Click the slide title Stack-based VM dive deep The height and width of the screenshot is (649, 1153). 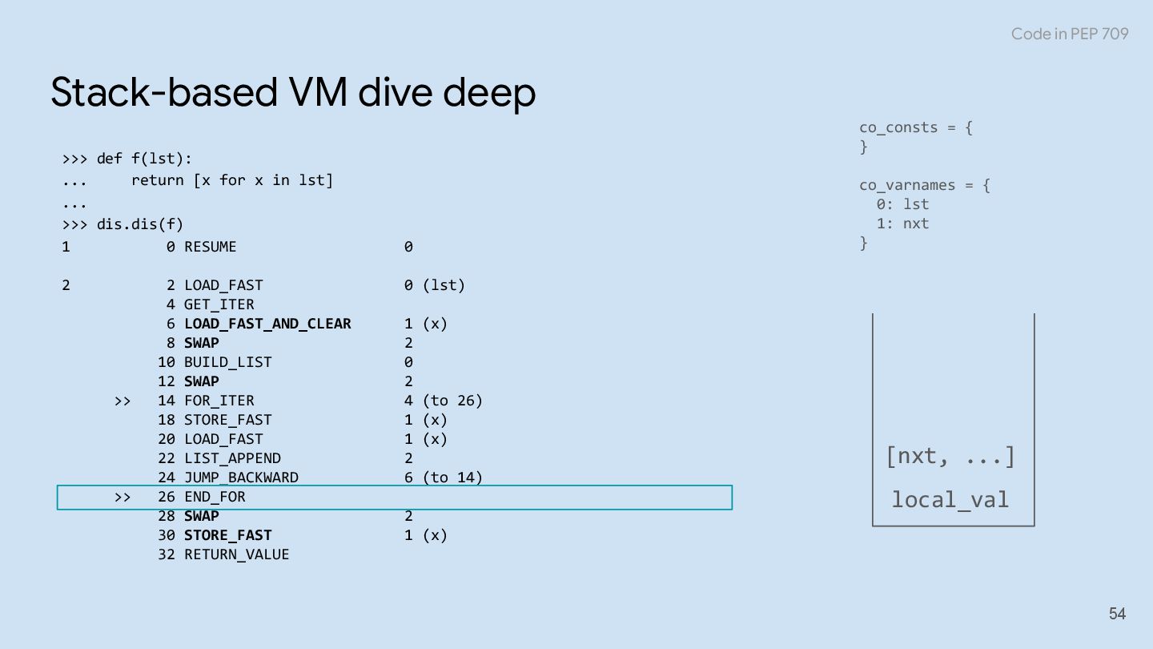[x=293, y=93]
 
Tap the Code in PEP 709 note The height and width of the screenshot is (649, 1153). [x=1069, y=34]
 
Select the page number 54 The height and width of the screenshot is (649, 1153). [x=1117, y=614]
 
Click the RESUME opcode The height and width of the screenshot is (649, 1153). [x=211, y=247]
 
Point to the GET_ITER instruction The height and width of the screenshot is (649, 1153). [x=219, y=304]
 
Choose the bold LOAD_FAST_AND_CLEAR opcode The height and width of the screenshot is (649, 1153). [x=267, y=324]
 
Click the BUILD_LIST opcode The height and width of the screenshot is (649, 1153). [x=227, y=362]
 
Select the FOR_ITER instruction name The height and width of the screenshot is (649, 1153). [x=219, y=401]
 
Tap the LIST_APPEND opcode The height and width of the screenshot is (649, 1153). [x=232, y=458]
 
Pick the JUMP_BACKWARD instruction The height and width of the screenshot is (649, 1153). [x=241, y=478]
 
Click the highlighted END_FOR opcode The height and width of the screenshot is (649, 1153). [x=215, y=497]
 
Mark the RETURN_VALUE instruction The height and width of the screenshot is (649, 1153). [x=236, y=554]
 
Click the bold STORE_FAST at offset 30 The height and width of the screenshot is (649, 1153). [x=227, y=535]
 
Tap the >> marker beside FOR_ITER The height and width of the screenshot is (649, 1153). [x=122, y=401]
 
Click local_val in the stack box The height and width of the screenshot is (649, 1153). [x=950, y=500]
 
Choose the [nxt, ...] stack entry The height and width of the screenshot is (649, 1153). [x=950, y=457]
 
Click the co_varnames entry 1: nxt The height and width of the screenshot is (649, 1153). [x=902, y=224]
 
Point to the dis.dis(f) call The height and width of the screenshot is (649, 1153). [x=140, y=224]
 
